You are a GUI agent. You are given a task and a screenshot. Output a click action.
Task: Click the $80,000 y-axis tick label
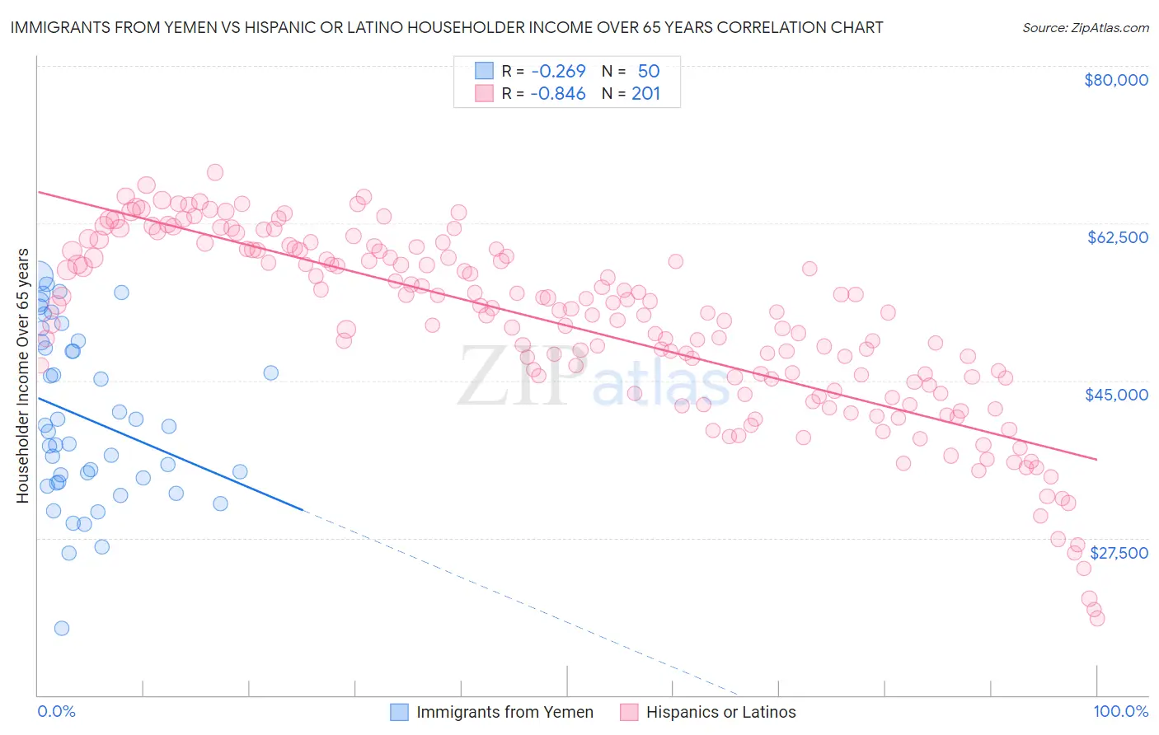[1116, 80]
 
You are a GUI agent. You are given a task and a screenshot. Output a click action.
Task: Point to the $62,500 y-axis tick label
[1118, 237]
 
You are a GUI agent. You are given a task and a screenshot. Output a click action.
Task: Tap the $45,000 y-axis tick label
[1116, 395]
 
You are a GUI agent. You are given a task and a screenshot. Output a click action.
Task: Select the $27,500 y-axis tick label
[1119, 553]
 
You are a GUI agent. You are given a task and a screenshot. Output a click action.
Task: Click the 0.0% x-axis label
[56, 712]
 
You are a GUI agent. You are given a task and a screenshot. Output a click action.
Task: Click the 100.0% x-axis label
[1121, 712]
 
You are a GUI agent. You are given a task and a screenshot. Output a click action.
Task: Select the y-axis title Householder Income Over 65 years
[23, 376]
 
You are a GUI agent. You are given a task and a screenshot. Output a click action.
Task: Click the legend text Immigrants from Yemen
[504, 712]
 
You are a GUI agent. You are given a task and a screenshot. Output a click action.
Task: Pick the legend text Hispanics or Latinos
[720, 712]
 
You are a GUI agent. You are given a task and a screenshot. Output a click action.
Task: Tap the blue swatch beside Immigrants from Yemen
[400, 712]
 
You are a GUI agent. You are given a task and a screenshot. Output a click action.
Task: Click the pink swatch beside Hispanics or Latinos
[629, 712]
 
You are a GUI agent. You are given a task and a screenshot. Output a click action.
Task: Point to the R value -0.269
[558, 71]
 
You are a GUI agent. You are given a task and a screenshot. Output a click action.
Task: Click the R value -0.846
[558, 93]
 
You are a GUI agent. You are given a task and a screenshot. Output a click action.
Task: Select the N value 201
[646, 93]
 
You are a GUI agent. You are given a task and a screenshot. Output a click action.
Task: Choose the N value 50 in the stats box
[649, 71]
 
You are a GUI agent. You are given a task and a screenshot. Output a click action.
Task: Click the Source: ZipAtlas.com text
[1086, 27]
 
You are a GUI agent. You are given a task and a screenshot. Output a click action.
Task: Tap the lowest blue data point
[62, 629]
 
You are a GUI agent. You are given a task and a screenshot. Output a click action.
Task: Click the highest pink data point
[215, 172]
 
